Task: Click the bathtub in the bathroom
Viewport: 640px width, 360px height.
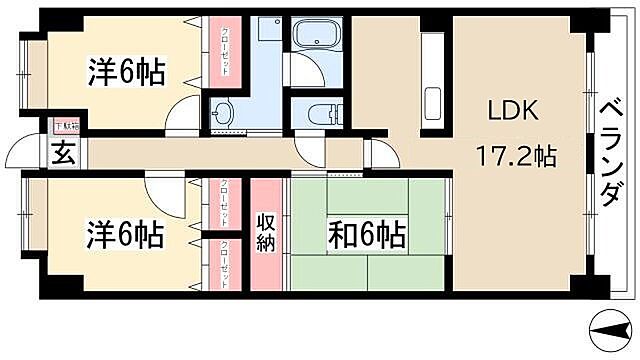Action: click(319, 37)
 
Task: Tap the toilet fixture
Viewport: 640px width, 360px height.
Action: click(320, 113)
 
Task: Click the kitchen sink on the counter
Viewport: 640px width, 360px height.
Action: click(432, 102)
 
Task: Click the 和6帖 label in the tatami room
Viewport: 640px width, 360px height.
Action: click(367, 236)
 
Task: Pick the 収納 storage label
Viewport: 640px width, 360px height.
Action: click(265, 233)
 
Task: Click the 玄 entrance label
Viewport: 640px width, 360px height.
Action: click(63, 154)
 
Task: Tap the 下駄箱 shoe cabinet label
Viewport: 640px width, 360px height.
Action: click(64, 127)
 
